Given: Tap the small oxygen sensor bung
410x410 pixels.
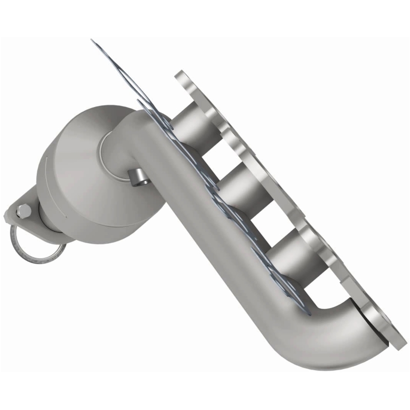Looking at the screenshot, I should (x=137, y=177).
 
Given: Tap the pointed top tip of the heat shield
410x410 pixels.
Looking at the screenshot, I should (x=92, y=40).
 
